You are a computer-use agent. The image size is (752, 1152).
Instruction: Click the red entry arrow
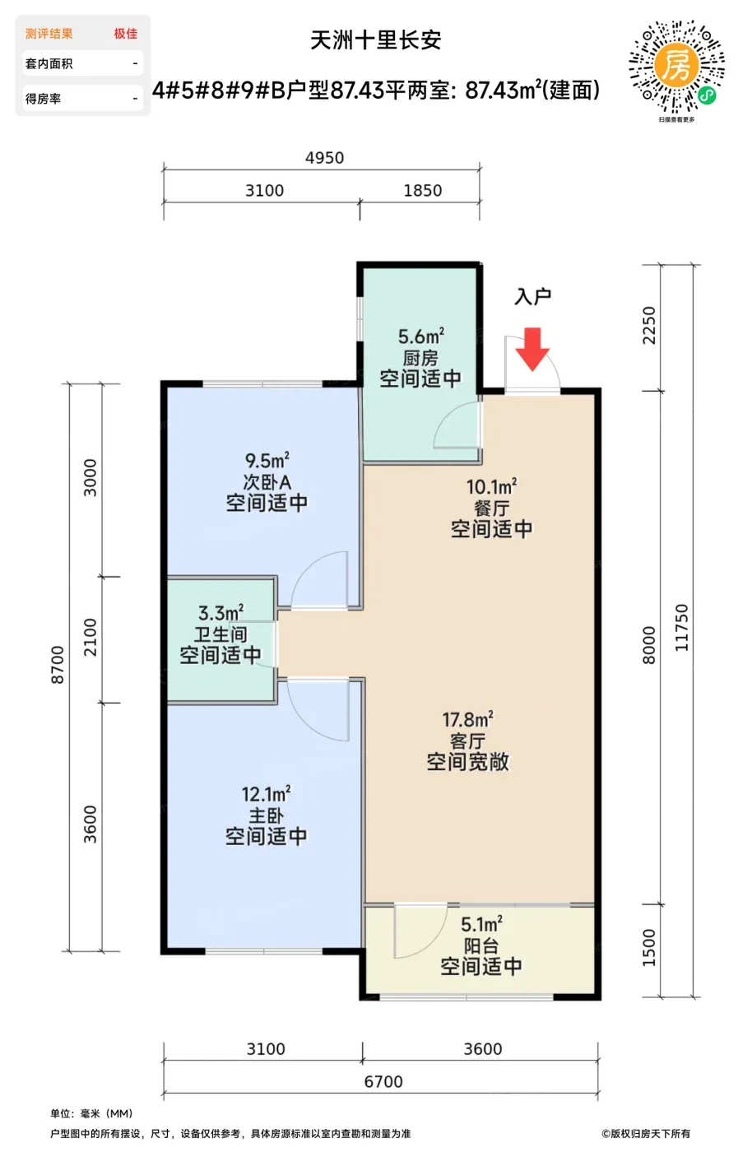pyautogui.click(x=532, y=349)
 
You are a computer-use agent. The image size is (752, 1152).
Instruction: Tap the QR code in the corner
pyautogui.click(x=676, y=67)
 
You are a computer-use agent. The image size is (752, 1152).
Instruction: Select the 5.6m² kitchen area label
pyautogui.click(x=420, y=337)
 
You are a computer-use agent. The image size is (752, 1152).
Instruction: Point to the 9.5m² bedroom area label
pyautogui.click(x=267, y=460)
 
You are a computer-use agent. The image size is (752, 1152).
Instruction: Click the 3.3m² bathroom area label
pyautogui.click(x=220, y=612)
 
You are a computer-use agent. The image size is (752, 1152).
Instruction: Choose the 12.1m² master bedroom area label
pyautogui.click(x=266, y=794)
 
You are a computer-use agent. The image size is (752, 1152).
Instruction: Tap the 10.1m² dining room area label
pyautogui.click(x=491, y=486)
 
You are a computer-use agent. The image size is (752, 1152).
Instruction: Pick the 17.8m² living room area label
pyautogui.click(x=467, y=719)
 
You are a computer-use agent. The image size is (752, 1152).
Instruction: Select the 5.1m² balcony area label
pyautogui.click(x=481, y=924)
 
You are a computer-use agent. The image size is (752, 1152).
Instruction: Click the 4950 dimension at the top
pyautogui.click(x=324, y=158)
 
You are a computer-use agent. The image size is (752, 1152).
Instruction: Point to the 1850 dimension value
pyautogui.click(x=423, y=191)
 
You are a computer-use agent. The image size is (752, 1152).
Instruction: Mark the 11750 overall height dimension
pyautogui.click(x=681, y=628)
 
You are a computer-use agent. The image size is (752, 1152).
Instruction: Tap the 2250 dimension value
pyautogui.click(x=649, y=326)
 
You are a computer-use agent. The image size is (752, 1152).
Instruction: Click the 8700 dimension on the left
pyautogui.click(x=58, y=665)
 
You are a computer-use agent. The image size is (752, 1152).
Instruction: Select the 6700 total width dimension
pyautogui.click(x=383, y=1081)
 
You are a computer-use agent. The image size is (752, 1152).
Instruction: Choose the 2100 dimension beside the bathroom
pyautogui.click(x=90, y=637)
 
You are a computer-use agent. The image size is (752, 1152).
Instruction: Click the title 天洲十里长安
pyautogui.click(x=376, y=40)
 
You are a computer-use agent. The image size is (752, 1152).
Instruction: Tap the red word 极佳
pyautogui.click(x=126, y=34)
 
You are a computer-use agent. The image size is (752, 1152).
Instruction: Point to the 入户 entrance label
pyautogui.click(x=533, y=297)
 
